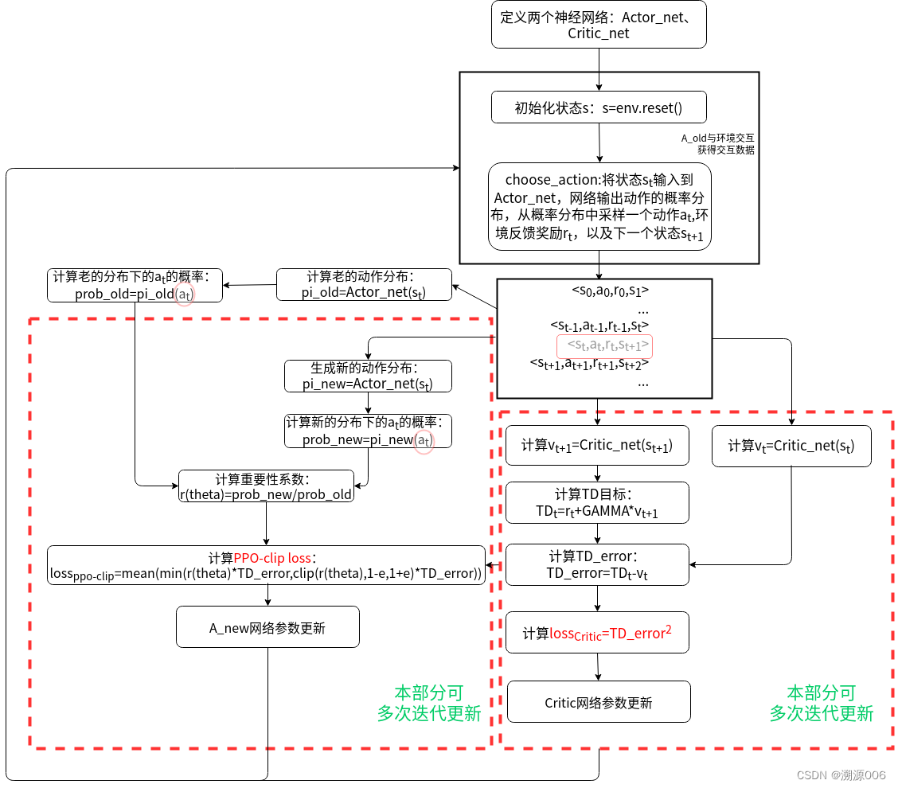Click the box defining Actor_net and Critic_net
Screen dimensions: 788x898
click(599, 25)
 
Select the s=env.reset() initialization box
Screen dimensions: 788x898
click(599, 108)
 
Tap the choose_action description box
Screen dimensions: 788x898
click(599, 207)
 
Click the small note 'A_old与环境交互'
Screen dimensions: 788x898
click(717, 138)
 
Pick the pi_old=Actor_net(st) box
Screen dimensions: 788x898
click(364, 285)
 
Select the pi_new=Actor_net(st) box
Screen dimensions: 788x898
click(367, 376)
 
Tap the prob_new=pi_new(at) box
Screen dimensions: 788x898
click(368, 431)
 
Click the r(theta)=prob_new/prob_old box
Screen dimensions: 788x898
click(265, 486)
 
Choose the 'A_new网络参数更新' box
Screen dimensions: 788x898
click(267, 627)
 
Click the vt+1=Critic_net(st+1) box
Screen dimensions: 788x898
click(597, 446)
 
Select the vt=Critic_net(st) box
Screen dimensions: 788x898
click(791, 446)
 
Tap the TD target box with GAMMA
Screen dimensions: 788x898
click(597, 503)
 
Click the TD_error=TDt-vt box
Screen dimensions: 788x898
click(597, 564)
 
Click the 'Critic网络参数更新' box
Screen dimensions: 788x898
click(598, 702)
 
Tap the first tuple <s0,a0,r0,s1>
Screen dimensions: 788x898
click(610, 291)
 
